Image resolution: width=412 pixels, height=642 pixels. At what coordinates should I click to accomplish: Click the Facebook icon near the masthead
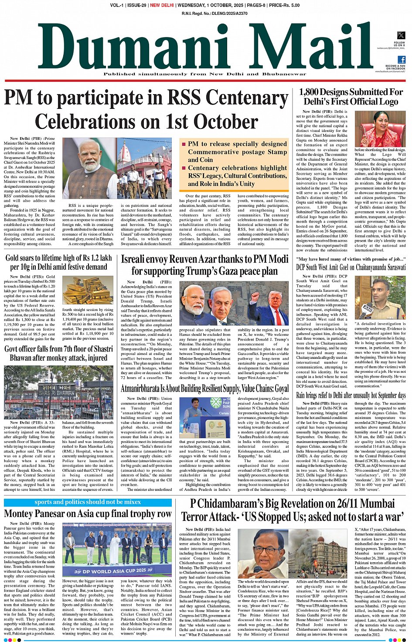[402, 60]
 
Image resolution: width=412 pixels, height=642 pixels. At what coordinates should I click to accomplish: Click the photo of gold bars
[88, 290]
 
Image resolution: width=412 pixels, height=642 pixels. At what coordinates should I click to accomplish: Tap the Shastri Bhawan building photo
[58, 392]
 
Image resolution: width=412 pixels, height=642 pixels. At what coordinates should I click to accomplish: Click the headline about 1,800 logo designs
[351, 97]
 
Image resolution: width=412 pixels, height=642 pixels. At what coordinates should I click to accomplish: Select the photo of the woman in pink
[380, 128]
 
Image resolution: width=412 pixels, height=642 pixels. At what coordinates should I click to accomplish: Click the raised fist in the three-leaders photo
[255, 297]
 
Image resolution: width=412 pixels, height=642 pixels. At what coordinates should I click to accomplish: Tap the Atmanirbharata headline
[204, 389]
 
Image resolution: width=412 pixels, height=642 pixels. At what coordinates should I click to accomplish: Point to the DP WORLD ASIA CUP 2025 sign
[115, 571]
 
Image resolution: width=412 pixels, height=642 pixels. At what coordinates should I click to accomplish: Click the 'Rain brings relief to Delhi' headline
[351, 395]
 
